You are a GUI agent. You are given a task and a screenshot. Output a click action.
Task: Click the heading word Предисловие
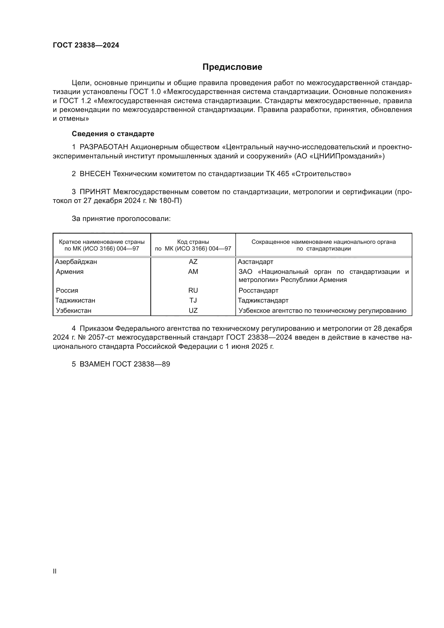click(232, 67)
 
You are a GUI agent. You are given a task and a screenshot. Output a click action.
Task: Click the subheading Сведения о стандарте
click(113, 134)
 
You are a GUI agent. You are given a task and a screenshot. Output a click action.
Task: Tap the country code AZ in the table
click(193, 262)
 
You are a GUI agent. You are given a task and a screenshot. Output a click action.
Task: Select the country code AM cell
click(193, 272)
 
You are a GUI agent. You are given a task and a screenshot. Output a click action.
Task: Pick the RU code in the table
click(193, 290)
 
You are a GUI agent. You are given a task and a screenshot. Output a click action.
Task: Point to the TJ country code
click(193, 300)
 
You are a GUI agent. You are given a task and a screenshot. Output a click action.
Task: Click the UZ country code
click(193, 310)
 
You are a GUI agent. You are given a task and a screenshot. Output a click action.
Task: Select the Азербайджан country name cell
click(76, 262)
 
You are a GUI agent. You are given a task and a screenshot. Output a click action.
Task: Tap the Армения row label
click(70, 272)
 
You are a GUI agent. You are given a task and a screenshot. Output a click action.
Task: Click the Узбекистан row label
click(74, 310)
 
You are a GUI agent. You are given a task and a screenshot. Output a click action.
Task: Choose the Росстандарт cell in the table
click(258, 290)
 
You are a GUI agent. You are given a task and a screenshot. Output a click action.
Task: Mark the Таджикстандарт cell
click(263, 300)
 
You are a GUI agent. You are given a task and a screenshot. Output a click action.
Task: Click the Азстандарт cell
click(255, 262)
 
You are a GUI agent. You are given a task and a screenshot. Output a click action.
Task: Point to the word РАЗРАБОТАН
click(104, 147)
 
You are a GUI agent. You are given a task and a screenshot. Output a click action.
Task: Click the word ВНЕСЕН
click(95, 174)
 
